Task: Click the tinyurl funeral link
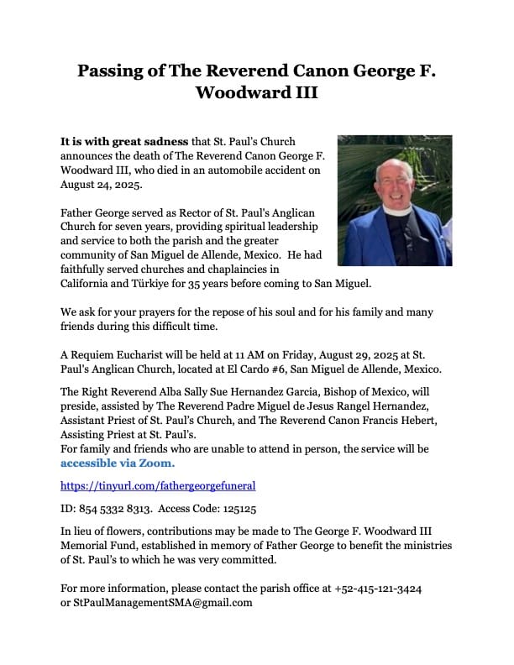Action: (158, 485)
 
